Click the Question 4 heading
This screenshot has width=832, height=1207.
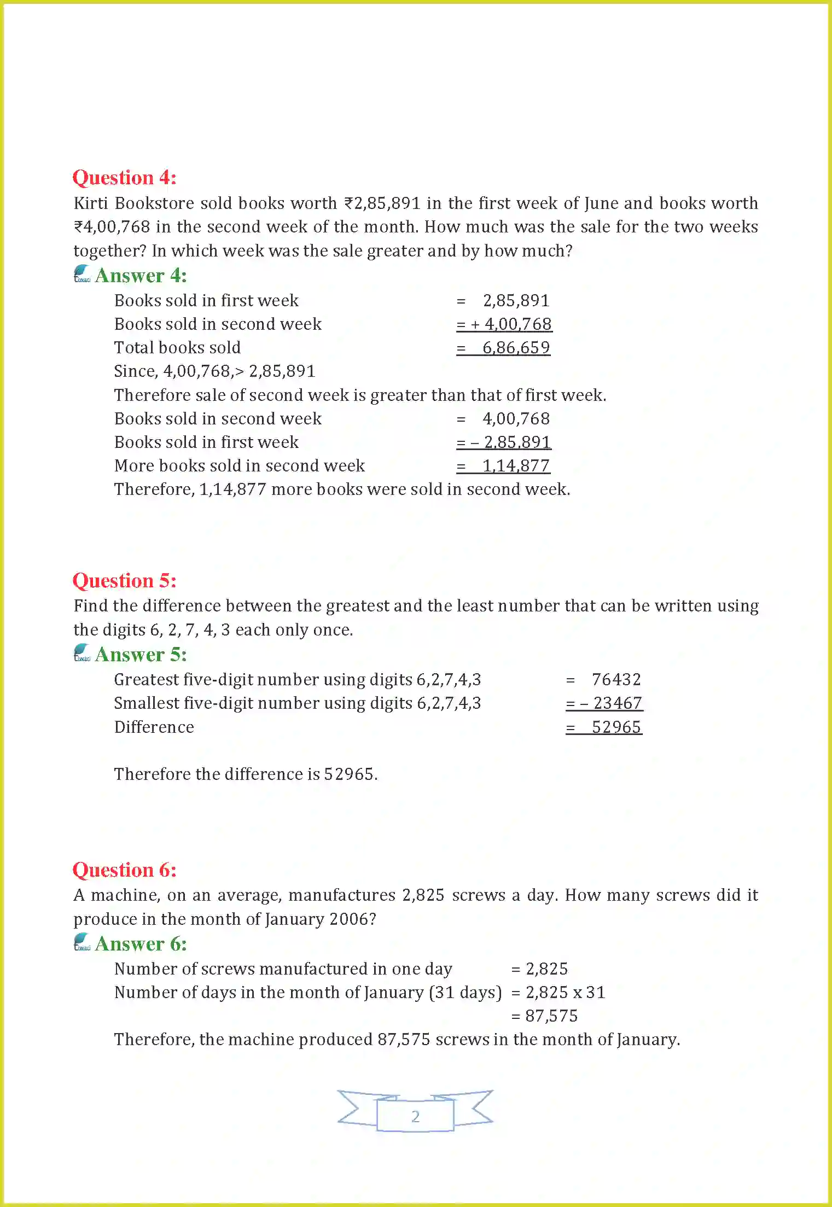[x=124, y=178]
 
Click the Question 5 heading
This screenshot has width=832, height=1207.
[x=124, y=581]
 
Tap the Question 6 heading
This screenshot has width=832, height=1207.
[x=124, y=870]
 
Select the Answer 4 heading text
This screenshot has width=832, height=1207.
[x=141, y=276]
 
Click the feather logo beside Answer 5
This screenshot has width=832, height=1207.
[x=82, y=652]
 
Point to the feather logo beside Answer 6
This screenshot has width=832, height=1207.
[x=82, y=942]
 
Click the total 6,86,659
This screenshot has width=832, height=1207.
[x=516, y=348]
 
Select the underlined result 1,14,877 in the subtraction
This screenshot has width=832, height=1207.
[x=516, y=466]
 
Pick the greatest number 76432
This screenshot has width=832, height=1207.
[x=616, y=680]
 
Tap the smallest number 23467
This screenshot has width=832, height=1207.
[x=618, y=703]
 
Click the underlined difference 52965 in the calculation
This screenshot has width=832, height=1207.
[x=616, y=727]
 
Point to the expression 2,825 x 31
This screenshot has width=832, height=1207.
[x=566, y=993]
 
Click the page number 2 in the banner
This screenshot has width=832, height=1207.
[x=415, y=1116]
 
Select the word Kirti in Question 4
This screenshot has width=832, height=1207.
[x=91, y=203]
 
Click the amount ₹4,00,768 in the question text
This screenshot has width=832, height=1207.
[x=112, y=227]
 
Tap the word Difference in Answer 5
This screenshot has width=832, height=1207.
[x=154, y=727]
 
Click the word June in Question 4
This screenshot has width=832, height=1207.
[x=601, y=203]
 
